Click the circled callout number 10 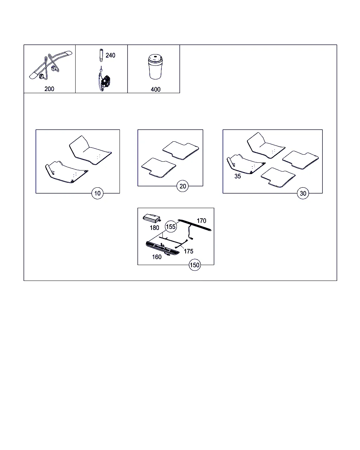click(x=97, y=193)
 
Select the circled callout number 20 click(x=182, y=186)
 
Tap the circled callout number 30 click(x=303, y=193)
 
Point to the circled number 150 click(x=194, y=265)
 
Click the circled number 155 click(x=171, y=226)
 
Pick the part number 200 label click(x=49, y=89)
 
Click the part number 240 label click(x=110, y=55)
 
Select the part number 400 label click(x=156, y=89)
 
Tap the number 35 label click(x=238, y=176)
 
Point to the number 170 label click(x=201, y=221)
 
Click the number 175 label click(x=188, y=251)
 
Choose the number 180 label click(x=154, y=228)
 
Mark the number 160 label click(x=157, y=257)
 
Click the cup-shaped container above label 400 click(x=155, y=67)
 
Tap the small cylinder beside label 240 click(x=101, y=55)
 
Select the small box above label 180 click(x=152, y=218)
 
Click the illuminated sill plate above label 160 click(x=162, y=249)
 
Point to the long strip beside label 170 click(x=194, y=225)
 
